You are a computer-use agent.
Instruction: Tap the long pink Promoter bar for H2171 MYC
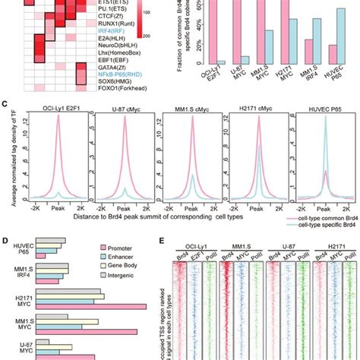pos(91,305)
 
